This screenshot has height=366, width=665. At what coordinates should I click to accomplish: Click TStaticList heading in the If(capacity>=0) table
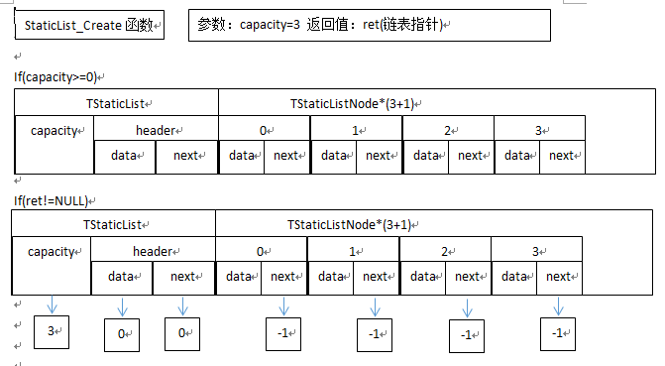pyautogui.click(x=117, y=103)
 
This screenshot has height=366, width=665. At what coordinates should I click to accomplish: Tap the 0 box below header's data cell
pyautogui.click(x=122, y=334)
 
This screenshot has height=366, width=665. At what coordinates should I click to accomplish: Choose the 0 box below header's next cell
pyautogui.click(x=182, y=333)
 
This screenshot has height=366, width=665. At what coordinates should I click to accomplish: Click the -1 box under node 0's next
pyautogui.click(x=283, y=333)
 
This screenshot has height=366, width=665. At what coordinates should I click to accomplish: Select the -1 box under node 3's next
pyautogui.click(x=559, y=333)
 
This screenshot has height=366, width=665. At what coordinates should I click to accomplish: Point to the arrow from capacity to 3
pyautogui.click(x=52, y=305)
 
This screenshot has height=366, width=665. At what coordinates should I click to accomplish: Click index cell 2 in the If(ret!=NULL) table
pyautogui.click(x=445, y=252)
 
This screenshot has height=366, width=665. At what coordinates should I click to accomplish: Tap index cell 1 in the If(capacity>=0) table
pyautogui.click(x=356, y=129)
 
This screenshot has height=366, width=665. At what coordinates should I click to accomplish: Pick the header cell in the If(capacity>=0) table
pyautogui.click(x=156, y=130)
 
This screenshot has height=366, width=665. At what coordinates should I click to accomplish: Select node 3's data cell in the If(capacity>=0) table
pyautogui.click(x=516, y=156)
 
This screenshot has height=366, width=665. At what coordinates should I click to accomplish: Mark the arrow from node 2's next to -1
pyautogui.click(x=467, y=306)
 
